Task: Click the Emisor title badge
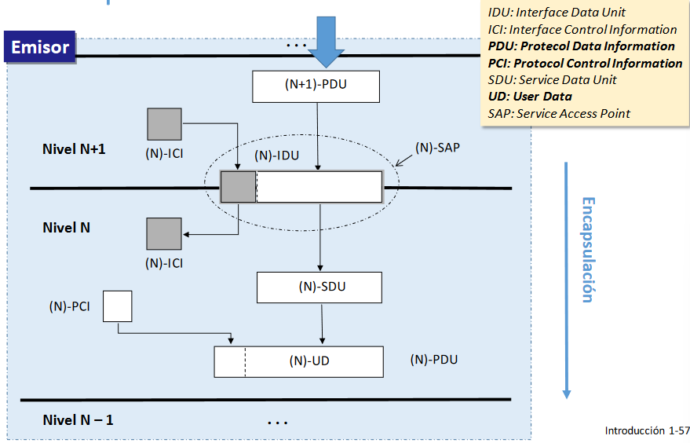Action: (x=40, y=47)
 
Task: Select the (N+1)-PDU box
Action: (x=316, y=86)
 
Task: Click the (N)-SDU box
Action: (x=319, y=287)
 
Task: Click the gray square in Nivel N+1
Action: (x=164, y=124)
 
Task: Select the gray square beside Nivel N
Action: (x=164, y=234)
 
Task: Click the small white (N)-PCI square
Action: (x=118, y=306)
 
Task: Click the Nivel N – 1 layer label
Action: (x=78, y=419)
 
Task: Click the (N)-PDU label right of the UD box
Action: (x=433, y=360)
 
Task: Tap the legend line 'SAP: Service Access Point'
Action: (x=559, y=113)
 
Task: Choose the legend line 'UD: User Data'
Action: (x=530, y=96)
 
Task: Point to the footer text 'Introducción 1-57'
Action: (x=647, y=430)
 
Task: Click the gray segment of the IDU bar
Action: (x=238, y=187)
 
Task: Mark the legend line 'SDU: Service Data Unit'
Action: (x=552, y=79)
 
